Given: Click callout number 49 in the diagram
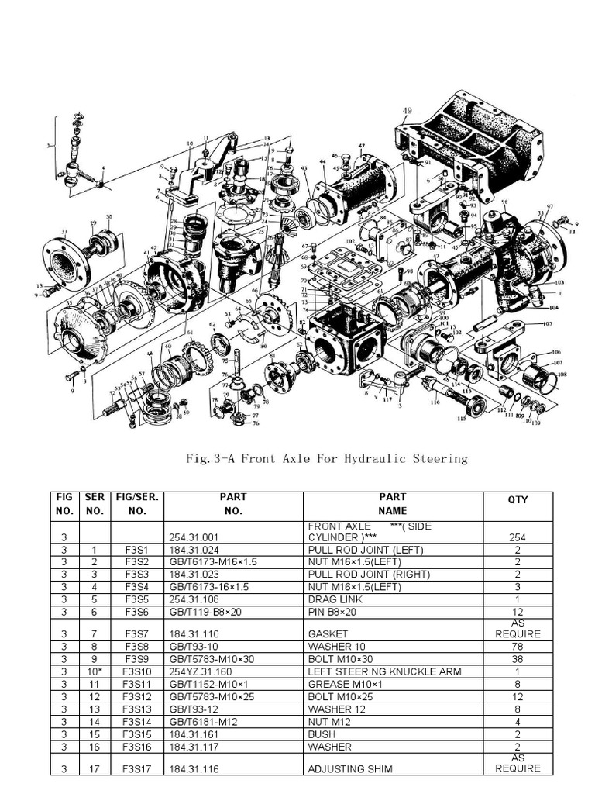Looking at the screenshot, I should pyautogui.click(x=408, y=110).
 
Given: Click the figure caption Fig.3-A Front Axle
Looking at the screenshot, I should pyautogui.click(x=316, y=458).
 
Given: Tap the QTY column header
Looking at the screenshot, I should pyautogui.click(x=518, y=500).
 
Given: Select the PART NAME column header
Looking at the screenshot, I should pyautogui.click(x=392, y=504).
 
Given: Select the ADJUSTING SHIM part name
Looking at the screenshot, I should pyautogui.click(x=350, y=768).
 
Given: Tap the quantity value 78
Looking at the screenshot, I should pyautogui.click(x=518, y=646).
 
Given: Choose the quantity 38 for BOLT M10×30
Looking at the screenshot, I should pyautogui.click(x=518, y=659).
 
